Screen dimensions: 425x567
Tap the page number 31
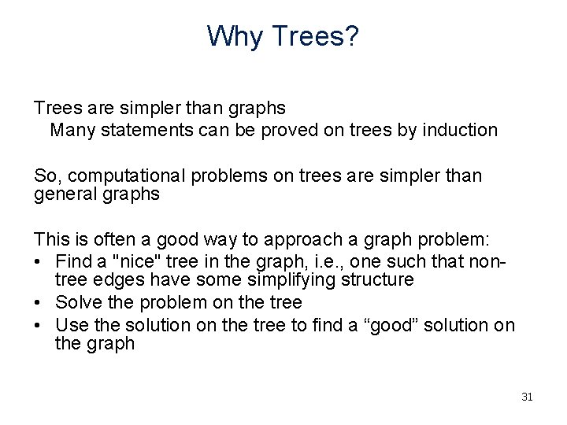click(527, 397)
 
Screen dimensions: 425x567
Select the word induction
click(461, 130)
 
